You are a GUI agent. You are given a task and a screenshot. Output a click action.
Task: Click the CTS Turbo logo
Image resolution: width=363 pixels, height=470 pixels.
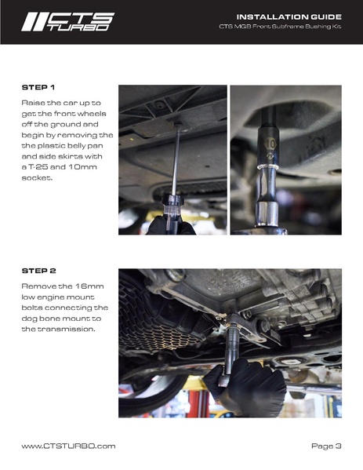tap(67, 22)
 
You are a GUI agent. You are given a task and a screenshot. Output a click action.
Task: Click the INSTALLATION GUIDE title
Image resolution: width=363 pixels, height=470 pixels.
tap(289, 16)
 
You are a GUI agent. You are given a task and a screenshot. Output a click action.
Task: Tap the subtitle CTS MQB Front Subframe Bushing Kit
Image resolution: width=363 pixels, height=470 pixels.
tap(280, 27)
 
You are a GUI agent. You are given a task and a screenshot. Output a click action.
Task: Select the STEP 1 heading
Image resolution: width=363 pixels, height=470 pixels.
tap(38, 87)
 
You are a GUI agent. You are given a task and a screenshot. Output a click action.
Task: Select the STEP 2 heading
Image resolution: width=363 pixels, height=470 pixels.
tap(38, 271)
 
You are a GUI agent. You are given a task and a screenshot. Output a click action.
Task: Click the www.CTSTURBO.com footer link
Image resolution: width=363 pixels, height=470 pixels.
tap(68, 446)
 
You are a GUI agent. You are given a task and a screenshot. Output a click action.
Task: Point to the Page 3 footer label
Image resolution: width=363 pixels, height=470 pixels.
tap(326, 446)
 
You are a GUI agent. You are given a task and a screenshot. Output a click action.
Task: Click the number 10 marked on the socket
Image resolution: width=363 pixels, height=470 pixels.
tap(270, 144)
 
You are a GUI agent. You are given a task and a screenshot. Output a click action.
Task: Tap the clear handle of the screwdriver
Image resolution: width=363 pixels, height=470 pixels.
tap(172, 209)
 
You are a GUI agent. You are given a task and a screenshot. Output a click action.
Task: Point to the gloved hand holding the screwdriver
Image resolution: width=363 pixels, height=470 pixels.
tap(171, 226)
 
